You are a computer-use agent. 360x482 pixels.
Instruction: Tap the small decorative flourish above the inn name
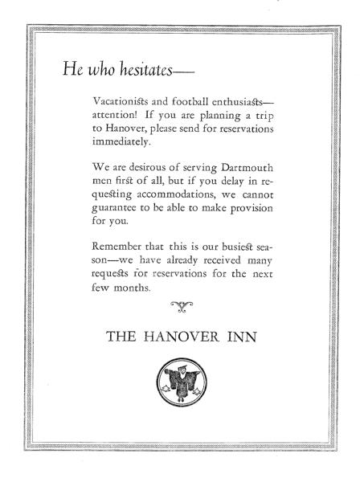click(180, 304)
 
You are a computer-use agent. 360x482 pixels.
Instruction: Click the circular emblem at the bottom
click(180, 382)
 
